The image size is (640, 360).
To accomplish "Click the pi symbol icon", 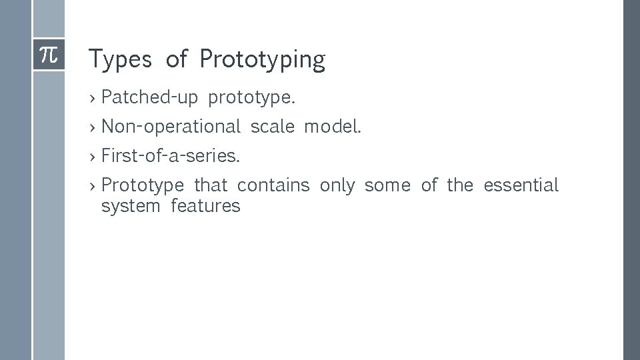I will (49, 55).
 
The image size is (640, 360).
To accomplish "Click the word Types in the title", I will (120, 60).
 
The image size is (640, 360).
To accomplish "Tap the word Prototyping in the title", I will (262, 60).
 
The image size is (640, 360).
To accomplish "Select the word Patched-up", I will (150, 98).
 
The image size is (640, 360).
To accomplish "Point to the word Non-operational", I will (171, 127).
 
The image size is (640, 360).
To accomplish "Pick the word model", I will (333, 127).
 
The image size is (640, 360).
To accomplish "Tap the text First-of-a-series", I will (171, 156).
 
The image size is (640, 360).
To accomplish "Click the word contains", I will (273, 185).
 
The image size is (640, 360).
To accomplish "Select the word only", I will (337, 185).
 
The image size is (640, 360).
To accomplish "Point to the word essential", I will (521, 185).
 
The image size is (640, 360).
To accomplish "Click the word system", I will (131, 206).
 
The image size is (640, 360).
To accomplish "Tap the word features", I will (205, 206).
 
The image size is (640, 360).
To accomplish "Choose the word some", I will (387, 185).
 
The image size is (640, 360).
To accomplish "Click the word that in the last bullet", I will (211, 185).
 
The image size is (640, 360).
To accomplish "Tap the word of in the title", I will (177, 59).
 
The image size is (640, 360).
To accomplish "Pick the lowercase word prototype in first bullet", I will (251, 99).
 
